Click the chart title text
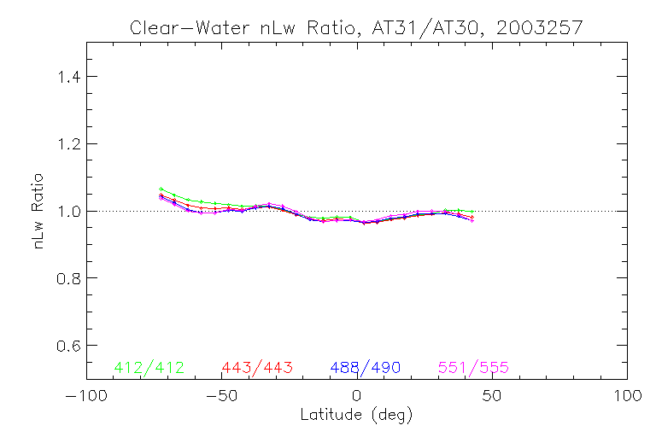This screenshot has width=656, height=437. [x=356, y=27]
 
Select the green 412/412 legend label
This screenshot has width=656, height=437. [x=149, y=368]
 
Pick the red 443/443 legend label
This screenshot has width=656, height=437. [x=257, y=368]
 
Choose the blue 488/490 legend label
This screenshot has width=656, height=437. [x=366, y=368]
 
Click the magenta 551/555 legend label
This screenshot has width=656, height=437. [x=473, y=368]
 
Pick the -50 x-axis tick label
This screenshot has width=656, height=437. [x=220, y=396]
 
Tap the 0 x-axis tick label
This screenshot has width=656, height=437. [x=357, y=396]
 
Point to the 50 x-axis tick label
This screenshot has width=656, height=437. [x=492, y=396]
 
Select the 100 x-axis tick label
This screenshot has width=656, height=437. [x=627, y=396]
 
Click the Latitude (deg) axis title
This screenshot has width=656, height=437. [x=356, y=416]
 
